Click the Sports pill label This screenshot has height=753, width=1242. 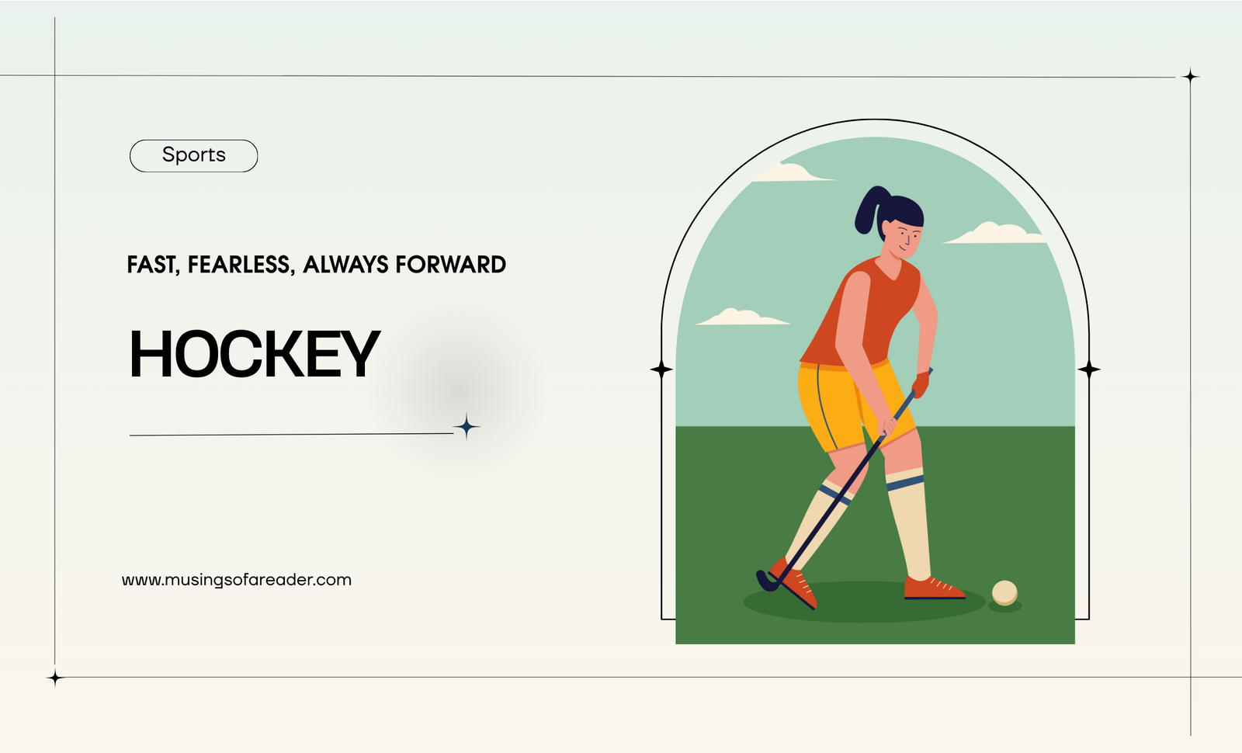[x=193, y=155]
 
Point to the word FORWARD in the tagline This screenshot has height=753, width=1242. [x=450, y=265]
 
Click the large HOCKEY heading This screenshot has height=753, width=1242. [x=255, y=354]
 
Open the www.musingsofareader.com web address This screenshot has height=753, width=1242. [x=237, y=580]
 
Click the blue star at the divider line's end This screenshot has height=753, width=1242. [x=467, y=427]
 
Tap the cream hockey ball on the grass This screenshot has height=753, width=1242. [x=1004, y=592]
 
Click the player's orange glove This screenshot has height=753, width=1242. [x=921, y=383]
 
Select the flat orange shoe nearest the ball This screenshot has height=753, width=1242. [x=934, y=588]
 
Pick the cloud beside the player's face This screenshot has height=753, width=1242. [x=994, y=234]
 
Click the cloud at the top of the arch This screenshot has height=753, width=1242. [x=793, y=172]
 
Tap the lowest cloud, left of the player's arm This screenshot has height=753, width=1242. [x=742, y=318]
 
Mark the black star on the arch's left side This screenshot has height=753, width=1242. [x=661, y=370]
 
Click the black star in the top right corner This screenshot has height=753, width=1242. [x=1191, y=77]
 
